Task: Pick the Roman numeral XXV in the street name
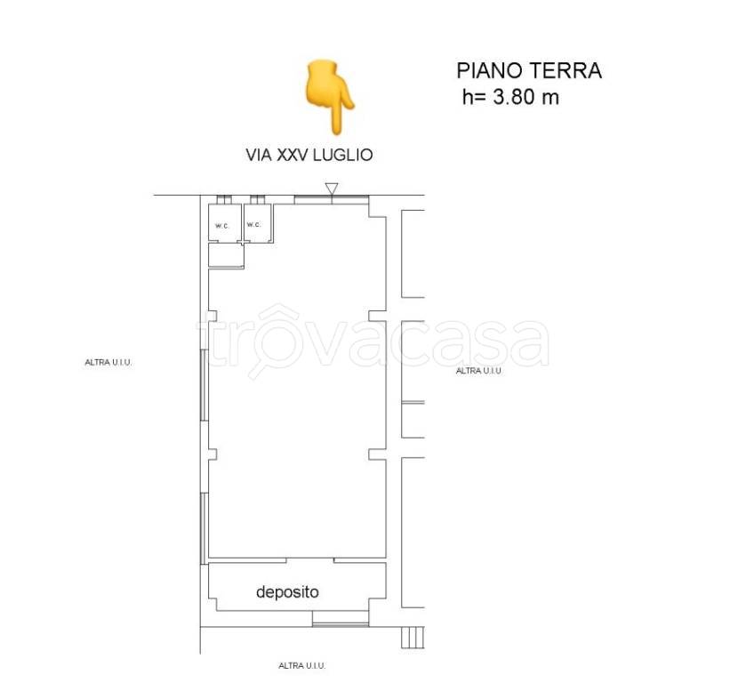(x=291, y=155)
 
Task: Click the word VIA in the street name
(x=259, y=155)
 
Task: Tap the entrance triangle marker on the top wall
(x=332, y=189)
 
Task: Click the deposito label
(x=287, y=591)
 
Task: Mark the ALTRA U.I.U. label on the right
(x=479, y=371)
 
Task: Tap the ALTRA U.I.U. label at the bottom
(x=302, y=665)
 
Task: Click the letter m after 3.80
(x=551, y=98)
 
